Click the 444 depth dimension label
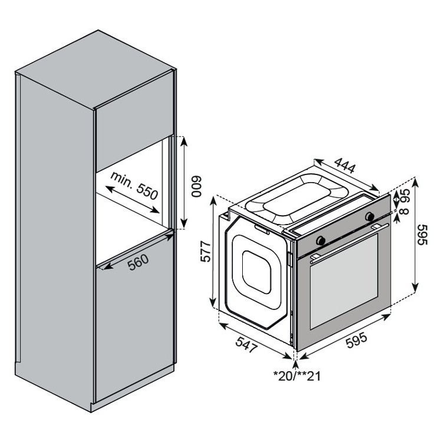(x=345, y=166)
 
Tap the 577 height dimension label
(x=206, y=252)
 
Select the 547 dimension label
(x=247, y=344)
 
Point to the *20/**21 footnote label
(x=296, y=376)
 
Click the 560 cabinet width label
(x=138, y=262)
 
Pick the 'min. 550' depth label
(x=134, y=185)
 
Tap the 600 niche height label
(x=196, y=186)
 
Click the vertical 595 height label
(x=423, y=235)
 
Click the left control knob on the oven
(x=321, y=240)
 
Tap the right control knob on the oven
(x=370, y=216)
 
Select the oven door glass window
(x=344, y=281)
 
